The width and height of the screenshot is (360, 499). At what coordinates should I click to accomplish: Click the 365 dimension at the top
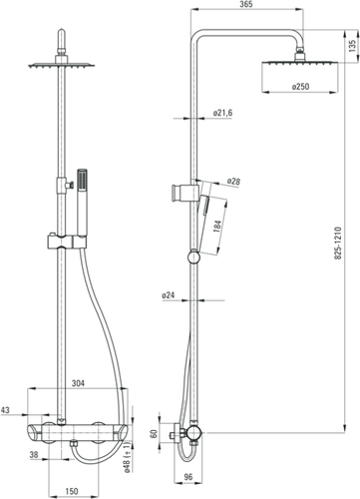pos(246,4)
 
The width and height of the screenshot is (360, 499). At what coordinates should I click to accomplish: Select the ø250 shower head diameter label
pos(300,87)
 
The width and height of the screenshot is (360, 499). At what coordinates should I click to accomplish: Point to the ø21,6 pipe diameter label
pos(222,113)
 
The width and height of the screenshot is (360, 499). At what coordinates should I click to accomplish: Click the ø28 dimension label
pos(233,182)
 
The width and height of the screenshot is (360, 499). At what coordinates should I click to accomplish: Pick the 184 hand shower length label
pos(218,227)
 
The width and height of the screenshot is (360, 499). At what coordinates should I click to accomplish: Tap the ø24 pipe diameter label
pos(169,295)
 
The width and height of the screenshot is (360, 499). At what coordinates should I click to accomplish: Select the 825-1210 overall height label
pos(338,244)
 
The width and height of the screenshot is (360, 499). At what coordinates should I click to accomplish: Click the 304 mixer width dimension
pos(78,383)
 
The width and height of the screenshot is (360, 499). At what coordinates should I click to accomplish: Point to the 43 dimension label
pos(5,410)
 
